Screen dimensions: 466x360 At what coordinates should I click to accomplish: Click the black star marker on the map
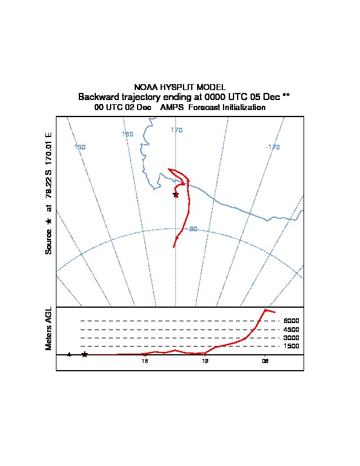tap(175, 194)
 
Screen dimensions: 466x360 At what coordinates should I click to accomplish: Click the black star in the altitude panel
tap(85, 354)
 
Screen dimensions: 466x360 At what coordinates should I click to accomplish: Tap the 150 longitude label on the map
tap(80, 147)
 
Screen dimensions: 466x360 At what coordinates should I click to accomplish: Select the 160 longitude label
tap(127, 134)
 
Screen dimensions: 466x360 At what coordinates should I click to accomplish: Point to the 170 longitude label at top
tap(176, 130)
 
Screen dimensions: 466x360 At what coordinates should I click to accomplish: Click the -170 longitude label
tap(272, 147)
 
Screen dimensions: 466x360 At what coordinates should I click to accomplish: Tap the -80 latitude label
tap(192, 229)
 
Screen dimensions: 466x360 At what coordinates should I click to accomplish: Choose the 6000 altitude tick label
tap(291, 321)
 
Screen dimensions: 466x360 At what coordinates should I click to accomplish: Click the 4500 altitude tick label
tap(291, 329)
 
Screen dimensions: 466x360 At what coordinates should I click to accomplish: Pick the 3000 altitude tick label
tap(291, 338)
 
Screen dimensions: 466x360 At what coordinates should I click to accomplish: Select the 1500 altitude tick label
tap(291, 346)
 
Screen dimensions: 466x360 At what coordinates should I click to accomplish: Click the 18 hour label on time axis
tap(145, 361)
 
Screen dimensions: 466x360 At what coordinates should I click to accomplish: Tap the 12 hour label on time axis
tap(205, 361)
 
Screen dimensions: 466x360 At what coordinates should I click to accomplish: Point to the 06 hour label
tap(265, 361)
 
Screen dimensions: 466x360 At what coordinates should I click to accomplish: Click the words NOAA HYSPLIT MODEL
tap(180, 87)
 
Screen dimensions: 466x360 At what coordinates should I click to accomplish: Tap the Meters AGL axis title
tap(49, 328)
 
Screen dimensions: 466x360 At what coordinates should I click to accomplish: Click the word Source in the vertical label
tap(49, 241)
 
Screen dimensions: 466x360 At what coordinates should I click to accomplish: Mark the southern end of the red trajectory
tap(174, 247)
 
